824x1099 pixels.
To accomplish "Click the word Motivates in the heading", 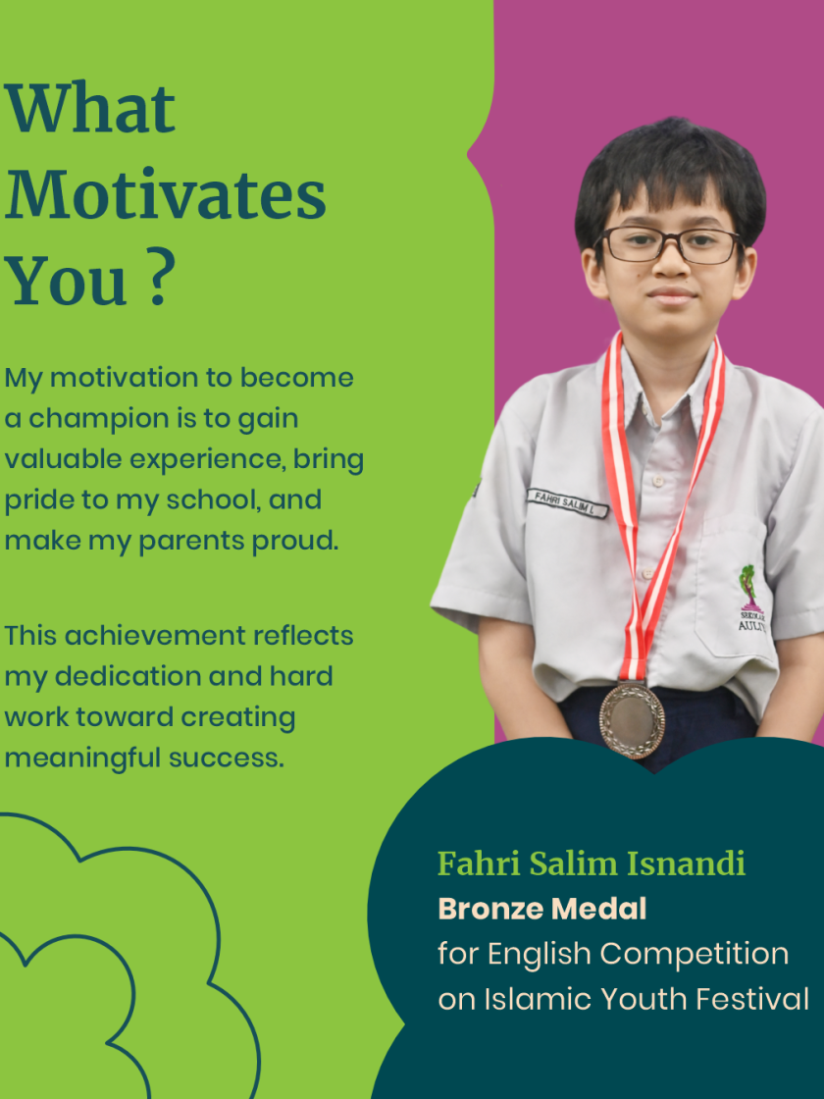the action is click(166, 194).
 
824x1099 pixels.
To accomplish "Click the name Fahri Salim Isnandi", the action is click(592, 863).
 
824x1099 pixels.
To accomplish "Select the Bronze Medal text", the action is click(542, 909).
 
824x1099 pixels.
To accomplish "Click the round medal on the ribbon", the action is click(632, 720).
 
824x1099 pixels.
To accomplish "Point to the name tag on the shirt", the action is click(567, 502).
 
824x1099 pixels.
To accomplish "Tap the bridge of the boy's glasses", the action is click(671, 240).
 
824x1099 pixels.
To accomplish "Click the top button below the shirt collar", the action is click(657, 481).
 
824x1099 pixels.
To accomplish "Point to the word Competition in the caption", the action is click(695, 955).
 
